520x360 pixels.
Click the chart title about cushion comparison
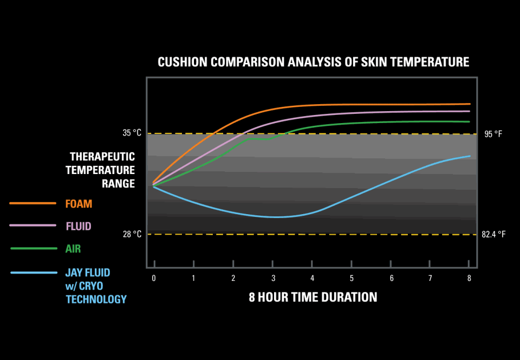pos(313,62)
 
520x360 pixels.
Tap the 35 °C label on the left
pos(132,133)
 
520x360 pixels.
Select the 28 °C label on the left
pos(132,234)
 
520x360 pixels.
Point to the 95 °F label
pos(493,134)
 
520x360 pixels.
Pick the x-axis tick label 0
pos(154,278)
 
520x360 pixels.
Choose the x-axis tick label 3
pos(273,278)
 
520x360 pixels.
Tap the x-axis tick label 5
pos(352,278)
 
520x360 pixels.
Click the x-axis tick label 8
pos(469,278)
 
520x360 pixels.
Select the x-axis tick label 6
pos(391,278)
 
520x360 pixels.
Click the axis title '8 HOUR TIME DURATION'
pos(313,297)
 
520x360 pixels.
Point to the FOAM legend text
pos(79,204)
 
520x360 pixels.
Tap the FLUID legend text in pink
pos(79,226)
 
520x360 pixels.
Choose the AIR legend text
pos(74,249)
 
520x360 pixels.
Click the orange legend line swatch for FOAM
pos(33,203)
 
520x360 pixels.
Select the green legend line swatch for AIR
pos(33,248)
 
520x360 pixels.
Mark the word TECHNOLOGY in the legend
pos(96,299)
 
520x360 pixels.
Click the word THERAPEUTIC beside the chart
pos(102,157)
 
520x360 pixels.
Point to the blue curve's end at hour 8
pos(469,156)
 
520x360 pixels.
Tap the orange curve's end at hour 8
pos(469,104)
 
